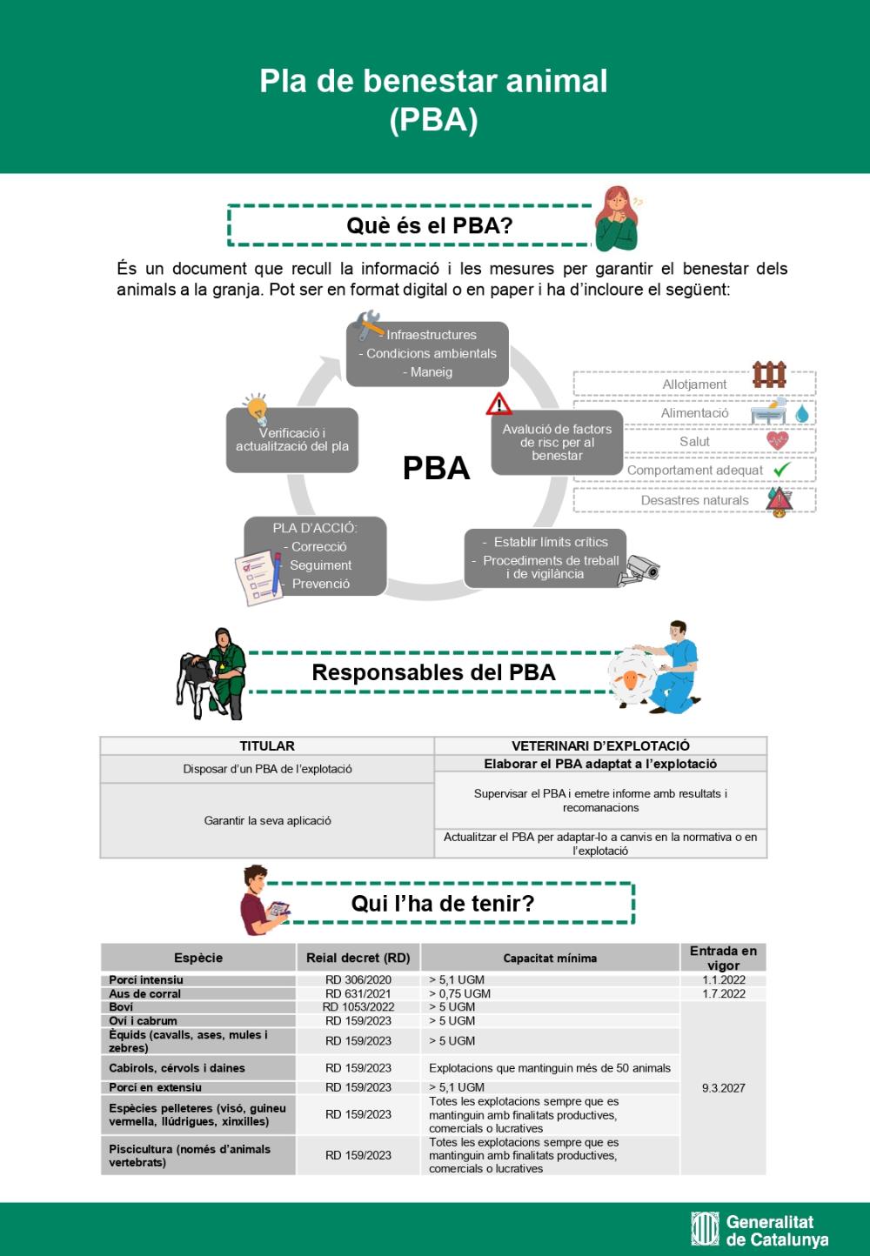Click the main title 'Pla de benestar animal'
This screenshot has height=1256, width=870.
coord(433,81)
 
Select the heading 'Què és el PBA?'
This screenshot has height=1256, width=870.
coord(429,225)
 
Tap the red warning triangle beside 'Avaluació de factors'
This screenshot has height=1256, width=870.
coord(499,404)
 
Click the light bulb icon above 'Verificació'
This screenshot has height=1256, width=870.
coord(256,407)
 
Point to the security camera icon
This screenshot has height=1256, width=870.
coord(641,570)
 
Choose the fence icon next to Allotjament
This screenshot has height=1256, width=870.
coord(769,375)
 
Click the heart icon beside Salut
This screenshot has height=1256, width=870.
coord(777,440)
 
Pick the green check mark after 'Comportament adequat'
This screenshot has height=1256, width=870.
coord(781,470)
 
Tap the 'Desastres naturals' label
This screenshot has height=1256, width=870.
coord(694,500)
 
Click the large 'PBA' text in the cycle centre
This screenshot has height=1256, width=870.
coord(436,468)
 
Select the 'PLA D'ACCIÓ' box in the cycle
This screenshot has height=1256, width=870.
coord(315,556)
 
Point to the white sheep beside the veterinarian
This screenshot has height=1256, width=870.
coord(632,678)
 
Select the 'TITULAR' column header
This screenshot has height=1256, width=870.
coord(267,745)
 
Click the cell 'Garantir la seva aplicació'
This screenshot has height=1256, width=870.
coord(267,820)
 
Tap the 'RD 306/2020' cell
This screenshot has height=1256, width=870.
coord(358,979)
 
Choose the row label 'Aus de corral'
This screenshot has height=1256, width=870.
coord(145,993)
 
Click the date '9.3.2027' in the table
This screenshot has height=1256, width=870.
coord(723,1088)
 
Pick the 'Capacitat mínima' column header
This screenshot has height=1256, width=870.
coord(550,958)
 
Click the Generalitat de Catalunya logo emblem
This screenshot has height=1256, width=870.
coord(705,1228)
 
